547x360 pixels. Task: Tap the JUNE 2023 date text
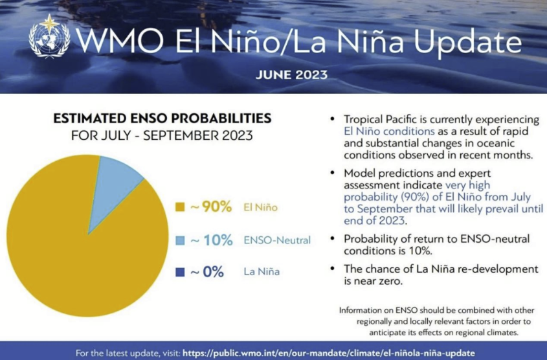291,74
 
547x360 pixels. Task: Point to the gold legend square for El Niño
181,207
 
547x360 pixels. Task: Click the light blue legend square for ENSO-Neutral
181,240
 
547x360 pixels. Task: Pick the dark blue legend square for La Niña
181,272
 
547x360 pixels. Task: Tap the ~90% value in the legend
210,207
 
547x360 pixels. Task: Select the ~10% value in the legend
210,240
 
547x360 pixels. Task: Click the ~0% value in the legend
207,272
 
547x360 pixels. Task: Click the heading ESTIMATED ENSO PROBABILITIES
162,119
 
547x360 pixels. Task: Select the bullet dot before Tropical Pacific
332,120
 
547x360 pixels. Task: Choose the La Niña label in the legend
262,272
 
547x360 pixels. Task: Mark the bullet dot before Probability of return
332,238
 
